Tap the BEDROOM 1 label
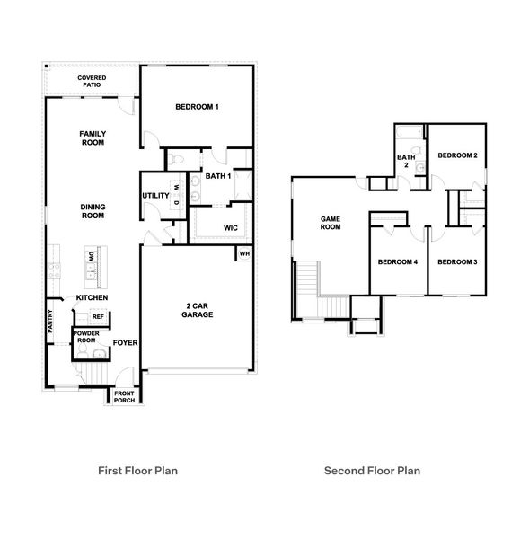(198, 108)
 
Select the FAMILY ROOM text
(93, 137)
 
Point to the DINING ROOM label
(93, 211)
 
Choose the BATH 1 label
(218, 176)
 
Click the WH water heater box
(243, 255)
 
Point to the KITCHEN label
(93, 297)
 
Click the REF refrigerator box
(98, 316)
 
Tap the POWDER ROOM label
(86, 338)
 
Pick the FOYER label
(124, 343)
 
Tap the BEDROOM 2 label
(456, 155)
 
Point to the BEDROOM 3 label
(456, 261)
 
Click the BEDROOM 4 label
(397, 261)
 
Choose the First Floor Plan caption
(137, 470)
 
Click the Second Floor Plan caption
(372, 470)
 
